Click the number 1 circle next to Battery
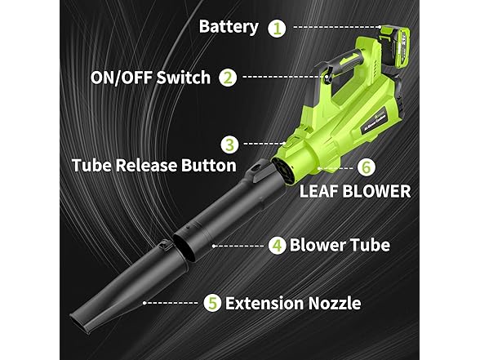coord(279,27)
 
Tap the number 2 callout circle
coord(229,78)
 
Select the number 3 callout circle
coord(231,144)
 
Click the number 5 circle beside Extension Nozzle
coord(212,303)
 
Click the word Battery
coord(229,26)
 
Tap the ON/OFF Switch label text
coord(151,78)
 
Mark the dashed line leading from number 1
coord(335,27)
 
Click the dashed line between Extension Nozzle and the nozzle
coord(172,303)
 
